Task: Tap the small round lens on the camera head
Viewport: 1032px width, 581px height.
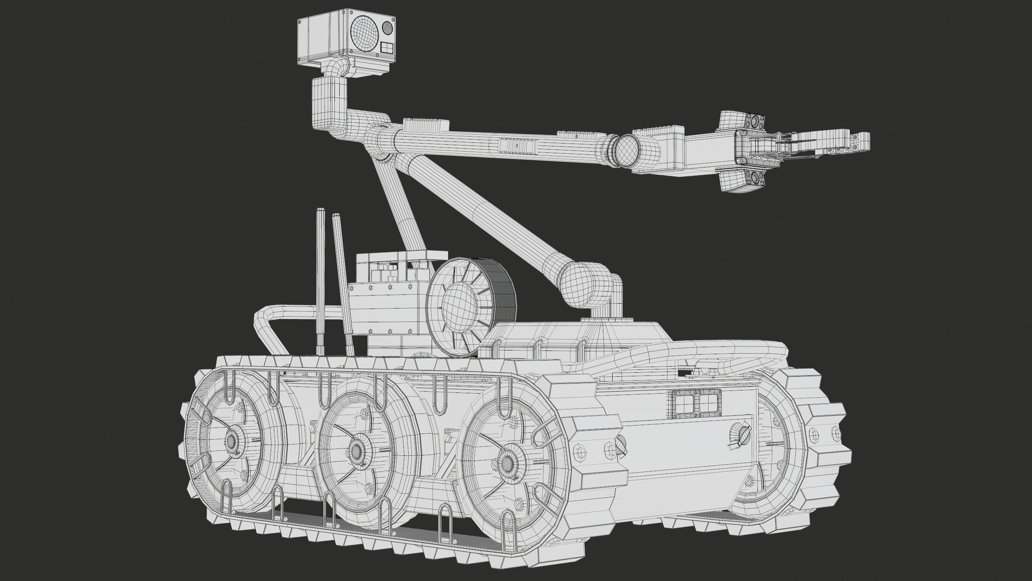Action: (x=387, y=26)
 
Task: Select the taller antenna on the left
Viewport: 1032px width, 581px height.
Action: (x=320, y=280)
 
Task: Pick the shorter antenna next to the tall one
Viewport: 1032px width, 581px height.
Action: (x=342, y=285)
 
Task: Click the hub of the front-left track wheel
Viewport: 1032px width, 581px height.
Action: (x=232, y=441)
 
